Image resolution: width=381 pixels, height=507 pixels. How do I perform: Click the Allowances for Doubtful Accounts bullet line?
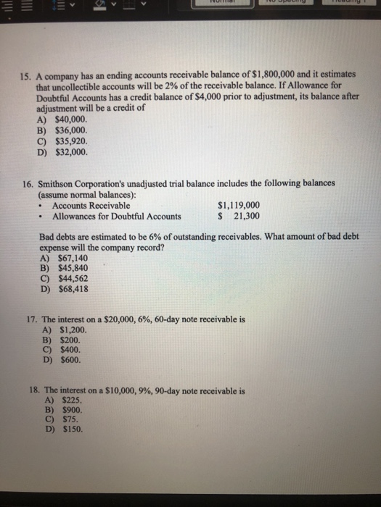point(117,217)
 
